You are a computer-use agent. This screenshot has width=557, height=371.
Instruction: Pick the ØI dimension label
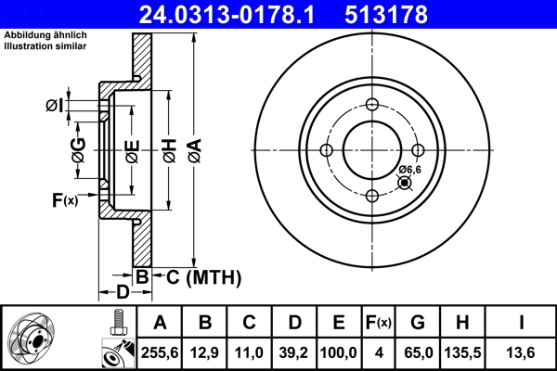click(x=56, y=105)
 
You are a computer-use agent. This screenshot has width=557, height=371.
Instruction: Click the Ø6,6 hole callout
click(x=410, y=170)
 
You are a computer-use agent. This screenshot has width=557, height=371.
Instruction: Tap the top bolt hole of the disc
click(x=371, y=104)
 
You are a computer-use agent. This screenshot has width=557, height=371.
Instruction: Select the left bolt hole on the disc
click(x=326, y=150)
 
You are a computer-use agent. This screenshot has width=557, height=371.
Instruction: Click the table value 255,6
click(x=161, y=352)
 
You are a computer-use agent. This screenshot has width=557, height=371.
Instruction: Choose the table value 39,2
click(x=295, y=352)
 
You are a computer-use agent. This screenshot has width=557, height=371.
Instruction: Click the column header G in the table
click(x=418, y=323)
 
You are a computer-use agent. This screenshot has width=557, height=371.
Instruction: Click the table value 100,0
click(x=340, y=352)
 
